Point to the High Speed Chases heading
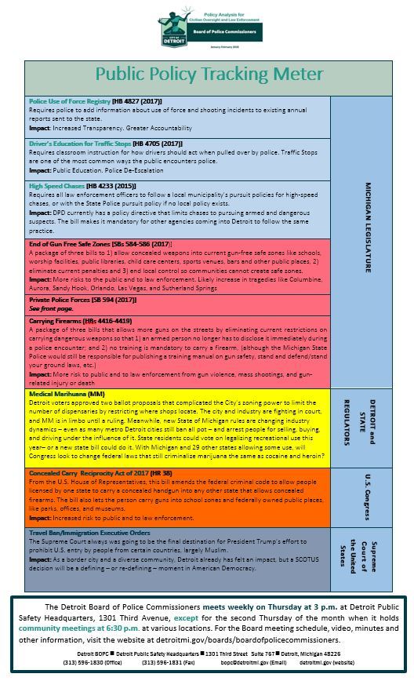click(56, 186)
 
